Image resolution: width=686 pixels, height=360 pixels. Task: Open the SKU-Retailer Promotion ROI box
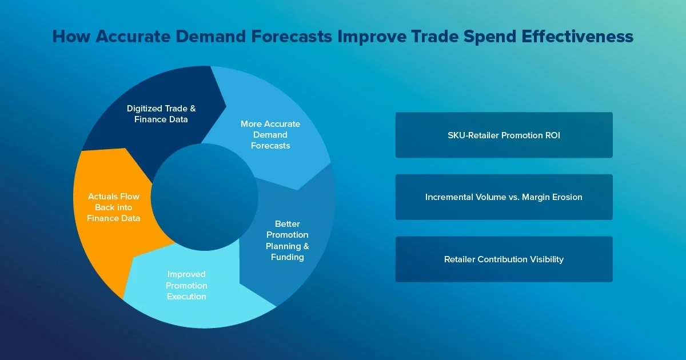tap(504, 135)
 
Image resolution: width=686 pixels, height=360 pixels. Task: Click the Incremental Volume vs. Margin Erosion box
tap(504, 197)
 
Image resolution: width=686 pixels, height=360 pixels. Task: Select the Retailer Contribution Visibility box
tap(504, 259)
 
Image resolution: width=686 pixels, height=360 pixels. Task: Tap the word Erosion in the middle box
tap(567, 197)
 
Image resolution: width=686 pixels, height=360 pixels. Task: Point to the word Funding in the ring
tap(287, 257)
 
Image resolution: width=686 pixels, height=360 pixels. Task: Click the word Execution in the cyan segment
tap(187, 297)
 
